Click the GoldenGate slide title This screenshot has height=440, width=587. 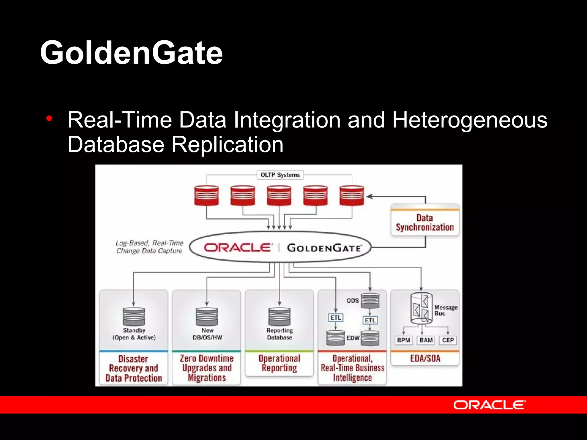[131, 53]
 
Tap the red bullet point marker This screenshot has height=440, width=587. [49, 119]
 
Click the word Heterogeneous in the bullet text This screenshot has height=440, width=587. [469, 120]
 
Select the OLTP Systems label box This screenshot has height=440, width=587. [280, 175]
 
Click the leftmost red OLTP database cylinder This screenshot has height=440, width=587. [206, 195]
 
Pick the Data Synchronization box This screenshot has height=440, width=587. [425, 223]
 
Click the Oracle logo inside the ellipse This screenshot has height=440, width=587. [238, 247]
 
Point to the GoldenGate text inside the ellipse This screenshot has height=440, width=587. [324, 248]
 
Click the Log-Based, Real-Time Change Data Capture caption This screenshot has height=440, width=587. [149, 247]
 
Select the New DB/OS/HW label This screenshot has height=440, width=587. [207, 334]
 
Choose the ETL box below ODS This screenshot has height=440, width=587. [370, 320]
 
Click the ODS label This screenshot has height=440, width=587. [352, 300]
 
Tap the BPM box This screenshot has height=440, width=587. [403, 340]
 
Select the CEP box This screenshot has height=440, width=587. [448, 340]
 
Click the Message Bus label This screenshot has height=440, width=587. [445, 310]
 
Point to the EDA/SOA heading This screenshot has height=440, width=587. [425, 358]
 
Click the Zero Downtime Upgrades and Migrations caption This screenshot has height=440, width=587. [207, 368]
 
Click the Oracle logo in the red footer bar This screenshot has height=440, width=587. [489, 405]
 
